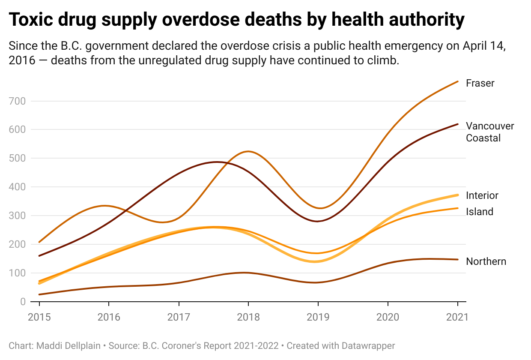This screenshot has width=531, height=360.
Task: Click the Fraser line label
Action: [x=480, y=83]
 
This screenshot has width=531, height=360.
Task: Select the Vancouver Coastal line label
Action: [x=490, y=132]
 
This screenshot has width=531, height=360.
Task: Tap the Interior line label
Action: [x=482, y=195]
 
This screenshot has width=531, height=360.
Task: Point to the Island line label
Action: [x=480, y=212]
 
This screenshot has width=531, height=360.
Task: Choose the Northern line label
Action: [x=486, y=261]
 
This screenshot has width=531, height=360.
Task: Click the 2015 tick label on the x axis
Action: [x=39, y=318]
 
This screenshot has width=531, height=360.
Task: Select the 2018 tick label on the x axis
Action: [x=248, y=318]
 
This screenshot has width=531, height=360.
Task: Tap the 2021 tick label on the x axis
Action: [x=457, y=318]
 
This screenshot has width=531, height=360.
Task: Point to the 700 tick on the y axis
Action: [x=17, y=101]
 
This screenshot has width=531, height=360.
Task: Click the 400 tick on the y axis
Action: [x=17, y=187]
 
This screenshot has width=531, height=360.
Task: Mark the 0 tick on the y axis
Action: [x=23, y=302]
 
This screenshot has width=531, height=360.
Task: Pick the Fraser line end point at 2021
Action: [x=458, y=81]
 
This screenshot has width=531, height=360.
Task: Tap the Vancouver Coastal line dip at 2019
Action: [x=318, y=221]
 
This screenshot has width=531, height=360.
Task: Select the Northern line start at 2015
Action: [x=39, y=294]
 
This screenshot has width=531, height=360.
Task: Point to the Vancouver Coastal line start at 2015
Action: [x=39, y=256]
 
